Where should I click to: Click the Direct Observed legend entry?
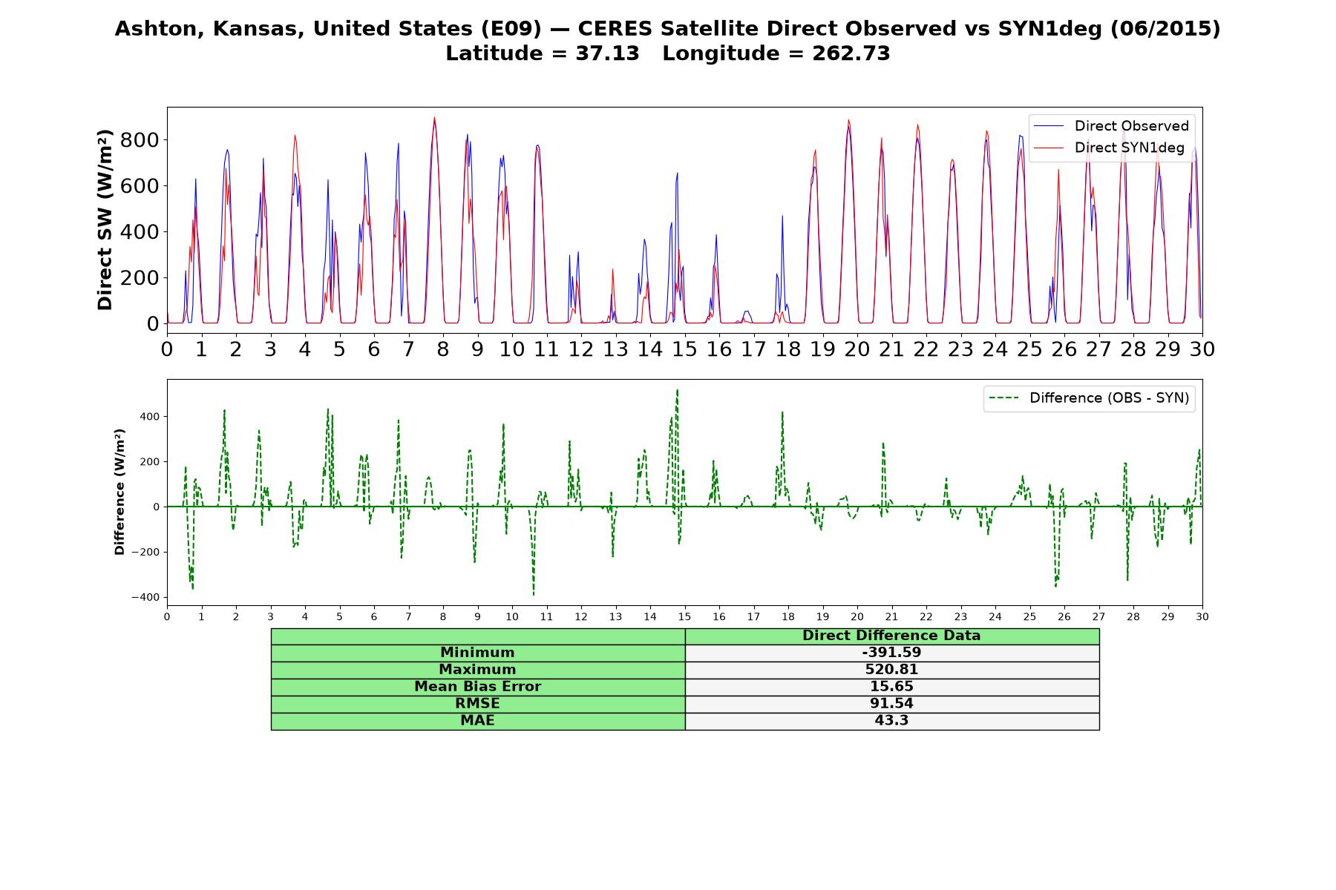(1111, 126)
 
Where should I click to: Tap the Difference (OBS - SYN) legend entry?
(1089, 398)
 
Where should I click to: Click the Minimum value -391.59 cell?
(891, 653)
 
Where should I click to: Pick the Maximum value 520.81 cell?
(891, 670)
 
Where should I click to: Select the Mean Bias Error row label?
(477, 687)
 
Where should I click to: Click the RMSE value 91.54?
(891, 704)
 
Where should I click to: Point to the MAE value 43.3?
(891, 721)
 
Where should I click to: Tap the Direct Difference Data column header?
(891, 636)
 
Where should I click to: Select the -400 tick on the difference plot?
(145, 598)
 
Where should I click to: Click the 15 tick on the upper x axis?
(684, 349)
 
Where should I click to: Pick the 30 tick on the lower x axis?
(1202, 616)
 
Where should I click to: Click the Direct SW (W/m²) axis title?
(105, 220)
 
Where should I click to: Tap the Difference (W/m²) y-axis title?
(119, 492)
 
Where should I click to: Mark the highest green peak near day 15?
(677, 389)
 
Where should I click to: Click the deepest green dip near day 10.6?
(533, 595)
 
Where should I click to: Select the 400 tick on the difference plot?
(150, 417)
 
